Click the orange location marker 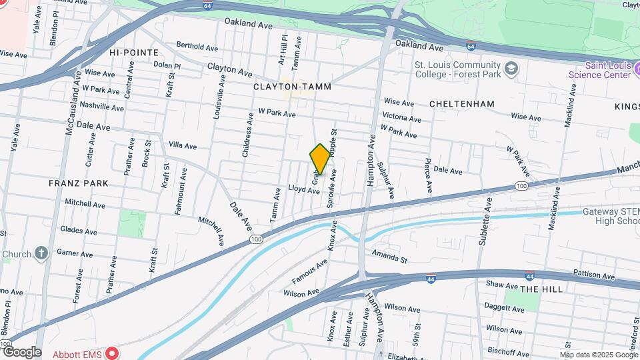[x=320, y=159]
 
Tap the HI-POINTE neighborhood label [x=134, y=52]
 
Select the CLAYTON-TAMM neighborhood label [x=292, y=87]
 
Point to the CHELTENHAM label [x=462, y=104]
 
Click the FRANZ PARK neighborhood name [x=78, y=183]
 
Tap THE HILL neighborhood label [x=541, y=289]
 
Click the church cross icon [x=41, y=253]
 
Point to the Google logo [x=22, y=352]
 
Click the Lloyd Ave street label [x=304, y=190]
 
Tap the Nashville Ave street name [x=101, y=107]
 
